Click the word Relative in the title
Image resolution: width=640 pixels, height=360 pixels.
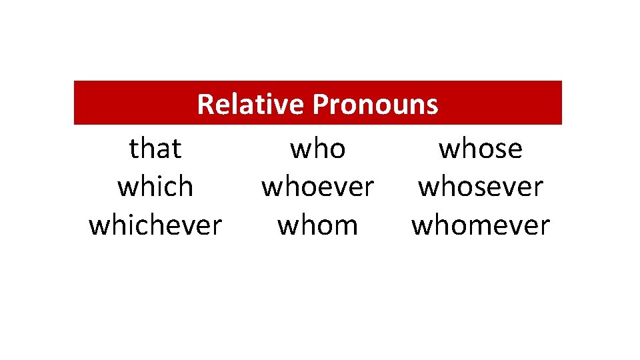tap(251, 104)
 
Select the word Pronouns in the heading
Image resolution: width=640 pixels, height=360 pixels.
tap(375, 104)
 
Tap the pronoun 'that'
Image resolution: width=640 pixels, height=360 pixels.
tap(155, 148)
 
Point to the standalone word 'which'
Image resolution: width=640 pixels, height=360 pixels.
tap(155, 187)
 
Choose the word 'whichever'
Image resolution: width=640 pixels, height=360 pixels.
tap(155, 225)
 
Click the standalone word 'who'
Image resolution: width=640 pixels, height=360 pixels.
tap(318, 148)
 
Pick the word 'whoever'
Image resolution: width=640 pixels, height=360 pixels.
tap(318, 187)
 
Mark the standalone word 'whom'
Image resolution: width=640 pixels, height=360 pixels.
tap(318, 225)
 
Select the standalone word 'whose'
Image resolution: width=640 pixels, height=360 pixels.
tap(481, 148)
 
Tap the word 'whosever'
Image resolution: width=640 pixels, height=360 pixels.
tap(481, 187)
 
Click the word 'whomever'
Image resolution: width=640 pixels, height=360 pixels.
tap(481, 225)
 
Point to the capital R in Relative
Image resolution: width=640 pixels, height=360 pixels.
tap(205, 104)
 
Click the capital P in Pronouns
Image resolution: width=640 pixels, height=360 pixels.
tap(319, 104)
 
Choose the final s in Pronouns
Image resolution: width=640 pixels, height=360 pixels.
tap(433, 106)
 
